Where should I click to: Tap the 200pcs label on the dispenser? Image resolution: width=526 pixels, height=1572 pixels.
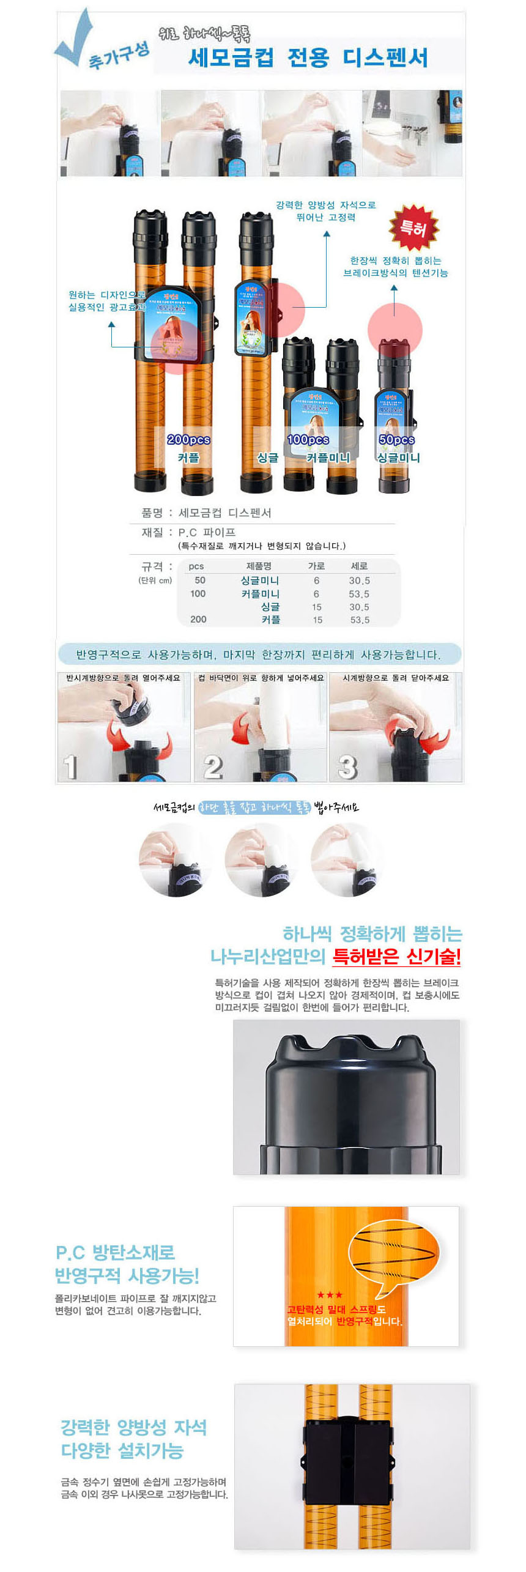pyautogui.click(x=188, y=439)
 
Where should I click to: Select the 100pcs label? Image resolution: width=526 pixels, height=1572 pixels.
pyautogui.click(x=308, y=439)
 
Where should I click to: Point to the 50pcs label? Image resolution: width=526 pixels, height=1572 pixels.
pyautogui.click(x=396, y=439)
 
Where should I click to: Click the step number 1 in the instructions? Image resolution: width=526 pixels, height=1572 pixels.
pyautogui.click(x=71, y=766)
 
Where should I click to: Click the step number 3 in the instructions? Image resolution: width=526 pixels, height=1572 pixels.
pyautogui.click(x=347, y=766)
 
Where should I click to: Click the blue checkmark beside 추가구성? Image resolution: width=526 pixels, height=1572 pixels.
pyautogui.click(x=75, y=38)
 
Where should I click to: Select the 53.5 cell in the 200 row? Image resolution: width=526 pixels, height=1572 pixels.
pyautogui.click(x=360, y=620)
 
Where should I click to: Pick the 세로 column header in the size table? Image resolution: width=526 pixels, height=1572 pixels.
pyautogui.click(x=359, y=566)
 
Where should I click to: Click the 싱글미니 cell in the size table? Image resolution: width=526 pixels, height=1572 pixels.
pyautogui.click(x=259, y=580)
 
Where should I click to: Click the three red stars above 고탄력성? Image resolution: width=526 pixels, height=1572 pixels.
pyautogui.click(x=330, y=1295)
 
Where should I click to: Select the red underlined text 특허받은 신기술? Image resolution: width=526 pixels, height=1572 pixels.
pyautogui.click(x=396, y=955)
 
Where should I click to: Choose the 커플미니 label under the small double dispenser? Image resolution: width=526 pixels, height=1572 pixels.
pyautogui.click(x=328, y=458)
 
